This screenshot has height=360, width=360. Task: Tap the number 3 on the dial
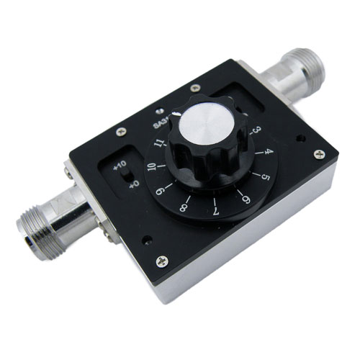point(253,132)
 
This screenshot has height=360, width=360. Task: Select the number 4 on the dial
point(267,153)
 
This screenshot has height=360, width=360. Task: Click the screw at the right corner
point(318,153)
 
